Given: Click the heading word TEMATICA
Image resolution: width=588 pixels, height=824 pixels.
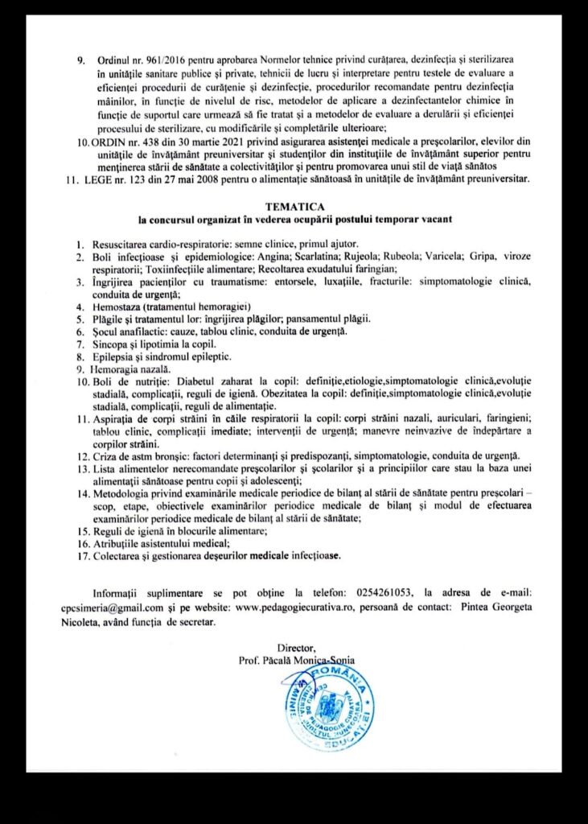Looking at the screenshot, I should pos(294,205).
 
